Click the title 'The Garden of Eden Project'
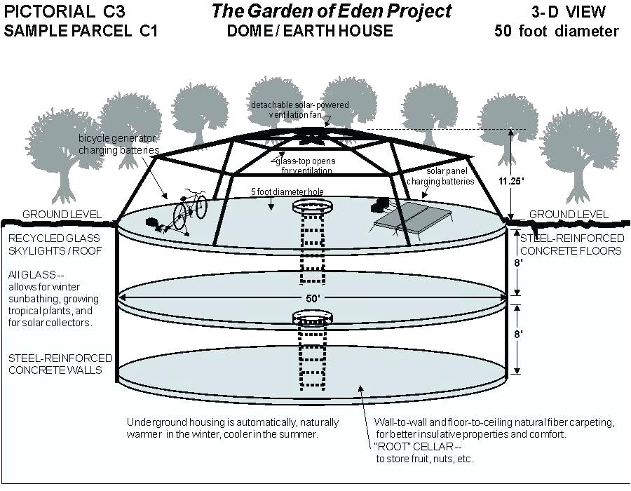(x=332, y=11)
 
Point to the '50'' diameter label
(x=312, y=298)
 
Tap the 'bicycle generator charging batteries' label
(x=118, y=144)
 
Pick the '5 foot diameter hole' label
(x=289, y=192)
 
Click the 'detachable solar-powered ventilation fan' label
(x=300, y=109)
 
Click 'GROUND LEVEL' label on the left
(x=62, y=214)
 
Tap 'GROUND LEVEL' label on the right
(x=569, y=214)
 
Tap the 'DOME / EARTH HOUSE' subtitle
(x=310, y=32)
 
